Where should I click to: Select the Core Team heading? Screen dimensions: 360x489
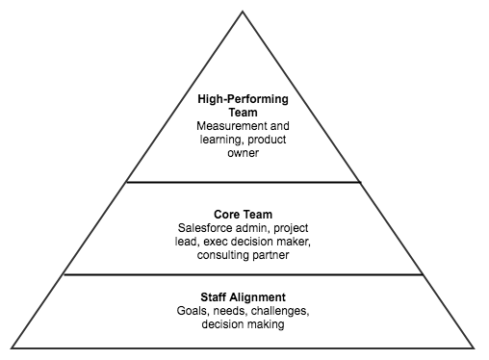click(243, 213)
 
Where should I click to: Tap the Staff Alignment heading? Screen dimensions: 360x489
click(243, 297)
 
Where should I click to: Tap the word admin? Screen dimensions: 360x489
click(256, 227)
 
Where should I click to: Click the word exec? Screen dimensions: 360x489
click(217, 241)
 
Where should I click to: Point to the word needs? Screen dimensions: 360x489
click(234, 312)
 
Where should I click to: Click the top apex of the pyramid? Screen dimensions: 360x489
click(243, 12)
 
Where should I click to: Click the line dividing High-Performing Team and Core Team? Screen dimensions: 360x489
click(243, 182)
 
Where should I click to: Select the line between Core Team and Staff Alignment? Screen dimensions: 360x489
click(243, 274)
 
